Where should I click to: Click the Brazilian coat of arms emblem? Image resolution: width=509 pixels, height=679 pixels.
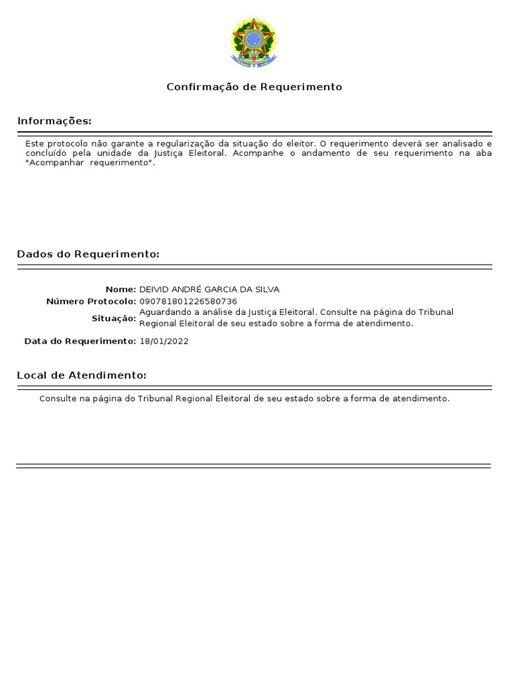point(253,42)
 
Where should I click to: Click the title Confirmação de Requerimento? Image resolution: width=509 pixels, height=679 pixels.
point(254,87)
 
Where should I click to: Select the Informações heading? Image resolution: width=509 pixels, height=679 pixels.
point(54,121)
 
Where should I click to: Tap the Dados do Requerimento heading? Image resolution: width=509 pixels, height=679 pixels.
point(88,254)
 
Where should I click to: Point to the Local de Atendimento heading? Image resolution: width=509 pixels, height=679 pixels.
point(82,375)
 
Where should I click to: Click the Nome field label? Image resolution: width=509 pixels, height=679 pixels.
point(120,290)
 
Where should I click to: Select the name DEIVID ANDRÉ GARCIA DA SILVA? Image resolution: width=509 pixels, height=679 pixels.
point(209,290)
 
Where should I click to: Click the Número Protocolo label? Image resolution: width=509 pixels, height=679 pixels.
point(91,302)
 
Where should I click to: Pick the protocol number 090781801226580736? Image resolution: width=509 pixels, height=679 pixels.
point(188,302)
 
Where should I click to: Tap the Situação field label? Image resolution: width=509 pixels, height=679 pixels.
point(113,318)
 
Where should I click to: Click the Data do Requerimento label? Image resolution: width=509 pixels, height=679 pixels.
point(80,341)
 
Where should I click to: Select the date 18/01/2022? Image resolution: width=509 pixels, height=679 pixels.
point(164,341)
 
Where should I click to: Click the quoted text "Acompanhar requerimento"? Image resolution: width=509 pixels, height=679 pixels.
point(89,163)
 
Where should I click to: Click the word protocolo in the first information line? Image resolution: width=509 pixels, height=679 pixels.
point(67,143)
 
